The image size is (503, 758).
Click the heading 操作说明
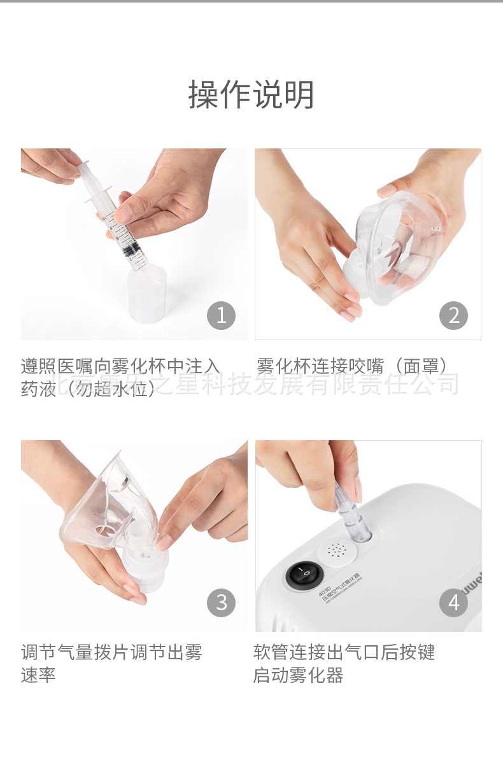point(251,95)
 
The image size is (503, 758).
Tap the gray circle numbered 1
point(221,315)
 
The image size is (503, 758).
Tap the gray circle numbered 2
point(453,315)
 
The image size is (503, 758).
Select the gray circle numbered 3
point(221,603)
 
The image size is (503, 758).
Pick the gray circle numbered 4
point(453,603)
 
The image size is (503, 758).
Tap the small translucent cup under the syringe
point(147,294)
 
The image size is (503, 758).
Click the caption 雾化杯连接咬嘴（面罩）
point(352,366)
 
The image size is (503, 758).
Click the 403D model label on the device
point(325,592)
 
